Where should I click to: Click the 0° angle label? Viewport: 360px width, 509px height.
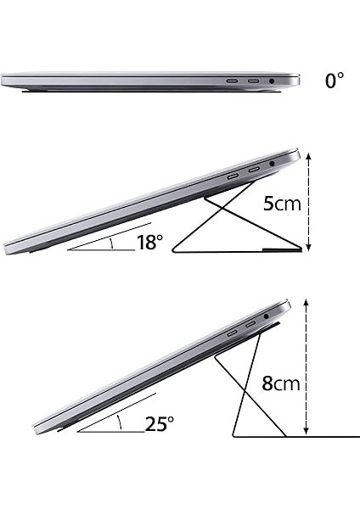coord(335,81)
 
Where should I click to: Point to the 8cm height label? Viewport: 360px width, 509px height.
coord(280,383)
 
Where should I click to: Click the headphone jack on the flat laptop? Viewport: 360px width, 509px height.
coord(272,81)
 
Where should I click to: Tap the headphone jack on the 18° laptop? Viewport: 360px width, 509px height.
coord(271,164)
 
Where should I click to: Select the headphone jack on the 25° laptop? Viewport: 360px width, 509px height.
coord(266,316)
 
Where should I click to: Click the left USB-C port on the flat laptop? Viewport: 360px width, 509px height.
coord(232,81)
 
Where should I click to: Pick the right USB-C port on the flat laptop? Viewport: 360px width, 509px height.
coord(252,81)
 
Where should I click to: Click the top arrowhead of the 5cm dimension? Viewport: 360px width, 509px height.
coord(308,155)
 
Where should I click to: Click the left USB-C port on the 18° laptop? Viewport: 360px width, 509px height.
coord(233,176)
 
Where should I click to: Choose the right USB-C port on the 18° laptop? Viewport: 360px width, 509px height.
coord(253,171)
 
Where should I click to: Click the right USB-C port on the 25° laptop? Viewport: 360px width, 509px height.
coord(250,325)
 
